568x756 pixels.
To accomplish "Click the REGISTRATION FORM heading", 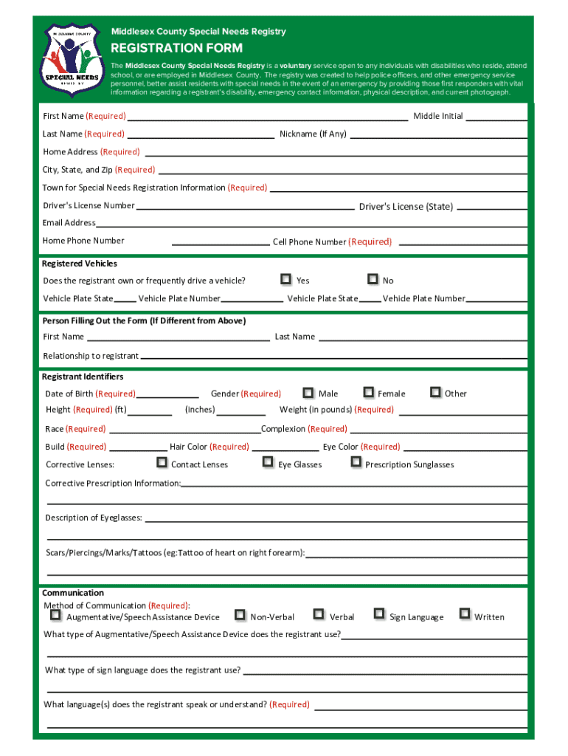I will [x=176, y=49].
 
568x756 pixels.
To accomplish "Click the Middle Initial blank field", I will [x=496, y=117].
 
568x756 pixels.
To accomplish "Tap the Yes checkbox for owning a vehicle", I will [x=285, y=279].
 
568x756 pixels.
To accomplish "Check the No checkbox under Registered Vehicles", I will [x=373, y=279].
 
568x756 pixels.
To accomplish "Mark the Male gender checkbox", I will [x=308, y=393].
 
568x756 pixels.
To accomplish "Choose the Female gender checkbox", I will [x=367, y=393].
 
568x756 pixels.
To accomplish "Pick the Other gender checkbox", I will [x=435, y=392].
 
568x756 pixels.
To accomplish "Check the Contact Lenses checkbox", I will [x=162, y=462].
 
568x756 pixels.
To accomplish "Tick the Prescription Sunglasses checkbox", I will [x=356, y=462].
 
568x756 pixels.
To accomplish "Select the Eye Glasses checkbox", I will [x=268, y=462].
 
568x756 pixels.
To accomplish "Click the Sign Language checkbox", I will [x=378, y=614].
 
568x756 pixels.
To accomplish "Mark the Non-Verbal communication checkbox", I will [x=240, y=614].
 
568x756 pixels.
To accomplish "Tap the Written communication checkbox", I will [x=464, y=614].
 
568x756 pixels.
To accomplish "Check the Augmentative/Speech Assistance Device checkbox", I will [x=55, y=614].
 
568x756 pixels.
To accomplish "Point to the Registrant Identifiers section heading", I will [x=83, y=377].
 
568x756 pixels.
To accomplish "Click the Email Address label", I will [x=69, y=222].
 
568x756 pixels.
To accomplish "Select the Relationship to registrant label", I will [x=91, y=356].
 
